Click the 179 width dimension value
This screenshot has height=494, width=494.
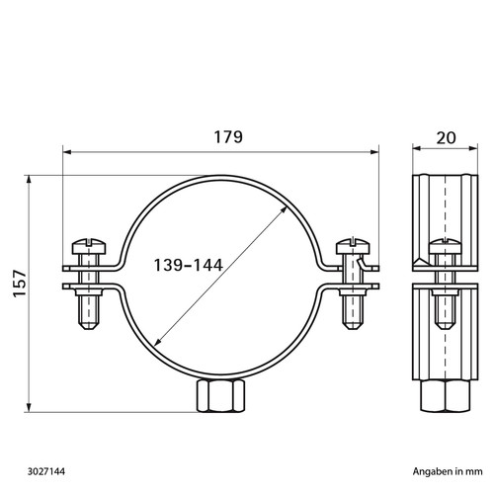228,136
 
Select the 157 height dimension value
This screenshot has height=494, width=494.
20,284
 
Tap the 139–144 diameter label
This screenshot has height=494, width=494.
189,265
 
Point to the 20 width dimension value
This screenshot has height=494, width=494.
446,138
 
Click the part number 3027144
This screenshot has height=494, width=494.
46,471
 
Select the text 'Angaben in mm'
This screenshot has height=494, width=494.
448,471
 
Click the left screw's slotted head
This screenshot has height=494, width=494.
89,246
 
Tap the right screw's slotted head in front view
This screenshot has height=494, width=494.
353,246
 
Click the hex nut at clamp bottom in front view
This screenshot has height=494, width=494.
221,395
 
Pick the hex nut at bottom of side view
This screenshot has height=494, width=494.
445,395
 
